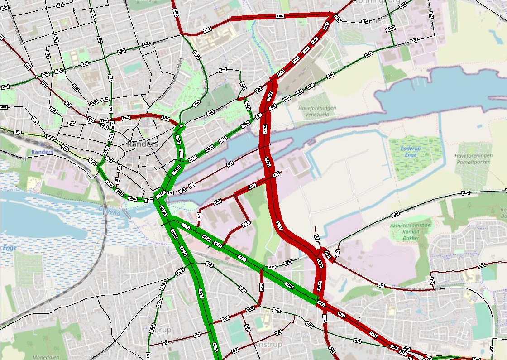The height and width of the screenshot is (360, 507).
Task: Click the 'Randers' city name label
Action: pos(143,144)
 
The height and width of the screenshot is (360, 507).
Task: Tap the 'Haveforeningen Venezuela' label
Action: pos(317,111)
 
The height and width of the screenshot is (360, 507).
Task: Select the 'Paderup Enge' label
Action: pos(411,152)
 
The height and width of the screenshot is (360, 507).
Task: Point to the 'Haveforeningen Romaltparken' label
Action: pos(473,158)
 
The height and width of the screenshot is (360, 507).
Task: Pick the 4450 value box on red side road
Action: pos(252,186)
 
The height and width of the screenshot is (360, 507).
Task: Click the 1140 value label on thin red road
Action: pos(246,223)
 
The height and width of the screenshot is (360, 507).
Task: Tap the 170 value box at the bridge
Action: pos(170,193)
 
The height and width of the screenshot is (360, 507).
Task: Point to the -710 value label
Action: pos(272,267)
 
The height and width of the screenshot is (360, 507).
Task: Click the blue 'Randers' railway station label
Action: pos(43,152)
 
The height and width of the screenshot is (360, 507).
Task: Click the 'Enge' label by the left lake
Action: pos(9,248)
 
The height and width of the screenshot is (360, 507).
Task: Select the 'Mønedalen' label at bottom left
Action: pos(45,357)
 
